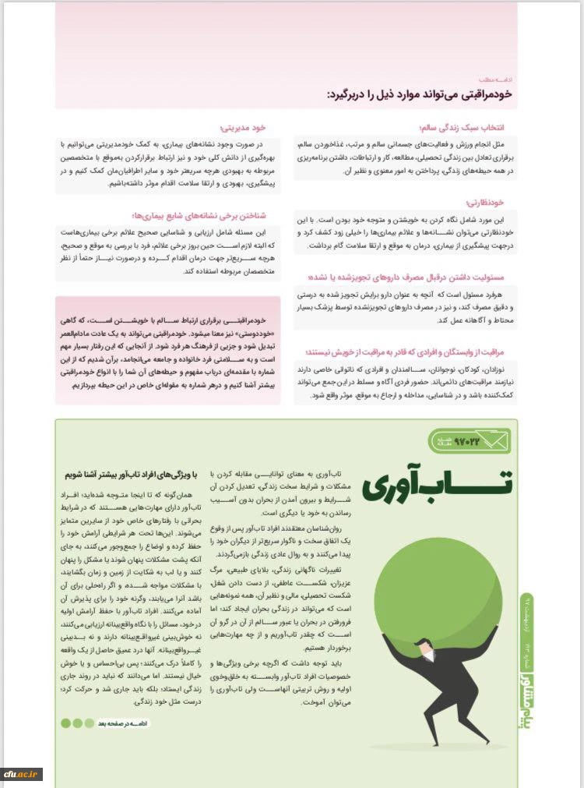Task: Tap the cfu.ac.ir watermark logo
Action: [23, 773]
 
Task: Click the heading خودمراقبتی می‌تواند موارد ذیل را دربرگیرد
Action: [420, 93]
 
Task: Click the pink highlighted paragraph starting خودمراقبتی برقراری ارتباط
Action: [168, 350]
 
